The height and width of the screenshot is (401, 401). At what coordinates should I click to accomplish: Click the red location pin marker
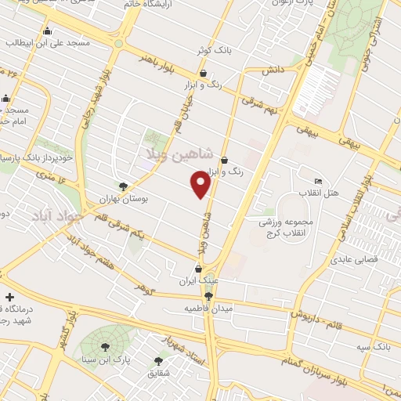coord(201,184)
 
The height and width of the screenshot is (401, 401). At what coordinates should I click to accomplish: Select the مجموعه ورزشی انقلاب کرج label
coord(287,229)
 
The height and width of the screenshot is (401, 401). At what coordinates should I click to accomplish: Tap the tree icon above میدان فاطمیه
coord(208,296)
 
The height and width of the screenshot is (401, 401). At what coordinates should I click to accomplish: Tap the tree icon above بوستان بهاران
coord(122,186)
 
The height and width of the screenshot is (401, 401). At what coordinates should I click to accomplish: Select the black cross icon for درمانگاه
coord(9,298)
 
